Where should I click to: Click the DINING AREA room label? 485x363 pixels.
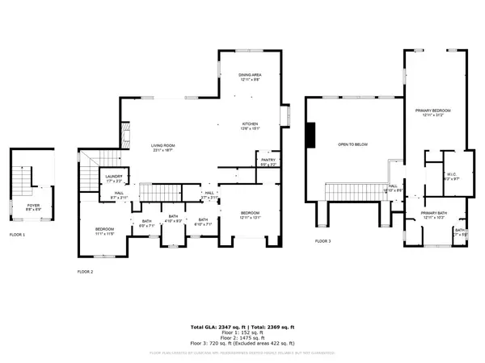[x=248, y=73]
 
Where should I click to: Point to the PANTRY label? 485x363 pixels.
[x=268, y=161]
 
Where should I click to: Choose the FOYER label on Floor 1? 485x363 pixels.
[x=33, y=207]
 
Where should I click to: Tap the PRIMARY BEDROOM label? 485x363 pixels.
[x=433, y=111]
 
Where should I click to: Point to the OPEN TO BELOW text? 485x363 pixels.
[x=353, y=146]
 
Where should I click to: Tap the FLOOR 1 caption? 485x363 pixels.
[x=17, y=235]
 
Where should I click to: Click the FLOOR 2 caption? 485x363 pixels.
[x=85, y=272]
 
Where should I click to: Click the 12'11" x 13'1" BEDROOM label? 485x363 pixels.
[x=250, y=214]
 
